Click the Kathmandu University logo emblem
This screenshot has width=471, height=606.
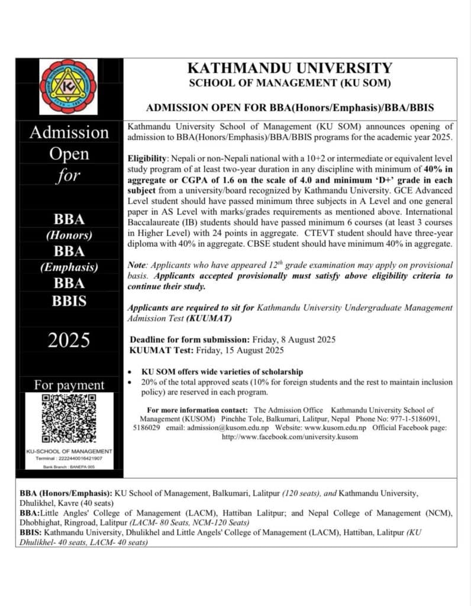pos(68,86)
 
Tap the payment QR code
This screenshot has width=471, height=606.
pos(69,419)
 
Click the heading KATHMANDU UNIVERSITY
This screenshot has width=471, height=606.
pos(289,68)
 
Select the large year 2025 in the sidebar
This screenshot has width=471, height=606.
pos(69,341)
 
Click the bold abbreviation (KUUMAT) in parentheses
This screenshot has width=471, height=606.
pos(206,318)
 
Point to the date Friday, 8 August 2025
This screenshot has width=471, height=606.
pos(294,340)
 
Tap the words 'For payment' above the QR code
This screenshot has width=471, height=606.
pos(69,385)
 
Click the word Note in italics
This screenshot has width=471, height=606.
pos(138,265)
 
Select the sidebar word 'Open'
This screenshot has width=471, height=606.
pos(69,154)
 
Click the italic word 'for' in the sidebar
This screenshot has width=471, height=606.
pos(69,175)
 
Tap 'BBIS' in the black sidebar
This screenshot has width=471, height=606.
pos(69,301)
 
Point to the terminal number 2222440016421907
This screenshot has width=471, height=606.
pos(77,458)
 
